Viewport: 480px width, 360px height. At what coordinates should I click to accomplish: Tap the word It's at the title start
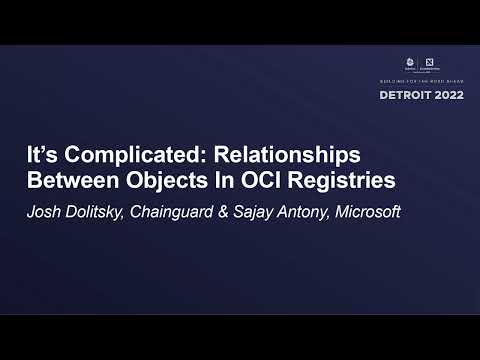point(41,159)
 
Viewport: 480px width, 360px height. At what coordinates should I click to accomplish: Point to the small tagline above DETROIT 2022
point(422,81)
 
